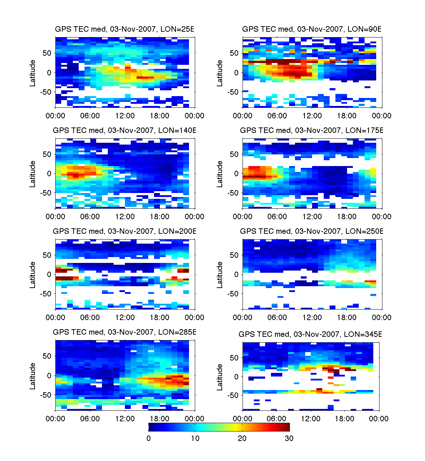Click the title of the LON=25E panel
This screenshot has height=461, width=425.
pyautogui.click(x=125, y=29)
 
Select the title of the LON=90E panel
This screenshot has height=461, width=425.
pyautogui.click(x=312, y=29)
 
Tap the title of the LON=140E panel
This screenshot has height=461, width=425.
pyautogui.click(x=125, y=130)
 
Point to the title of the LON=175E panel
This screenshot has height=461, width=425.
pyautogui.click(x=312, y=130)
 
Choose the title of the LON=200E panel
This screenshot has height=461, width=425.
pyautogui.click(x=125, y=231)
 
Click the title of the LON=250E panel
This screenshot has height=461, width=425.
pyautogui.click(x=312, y=231)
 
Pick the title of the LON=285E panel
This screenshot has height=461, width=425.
pyautogui.click(x=125, y=332)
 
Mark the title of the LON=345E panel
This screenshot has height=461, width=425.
pyautogui.click(x=310, y=334)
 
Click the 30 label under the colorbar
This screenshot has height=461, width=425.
pyautogui.click(x=289, y=438)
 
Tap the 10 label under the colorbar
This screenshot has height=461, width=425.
pyautogui.click(x=195, y=438)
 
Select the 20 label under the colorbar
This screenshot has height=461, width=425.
pyautogui.click(x=242, y=438)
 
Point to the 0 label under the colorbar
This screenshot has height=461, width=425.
pyautogui.click(x=149, y=438)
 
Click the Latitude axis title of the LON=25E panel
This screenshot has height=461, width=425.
pyautogui.click(x=33, y=73)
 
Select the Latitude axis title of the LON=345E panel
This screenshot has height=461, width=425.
pyautogui.click(x=220, y=377)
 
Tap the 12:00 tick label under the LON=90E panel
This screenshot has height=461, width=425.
pyautogui.click(x=312, y=116)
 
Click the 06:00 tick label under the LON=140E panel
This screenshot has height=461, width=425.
pyautogui.click(x=90, y=217)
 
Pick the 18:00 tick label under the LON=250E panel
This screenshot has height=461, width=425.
pyautogui.click(x=347, y=318)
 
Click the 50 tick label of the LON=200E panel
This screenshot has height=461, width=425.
pyautogui.click(x=47, y=255)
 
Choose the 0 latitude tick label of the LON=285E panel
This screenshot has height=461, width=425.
pyautogui.click(x=49, y=376)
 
